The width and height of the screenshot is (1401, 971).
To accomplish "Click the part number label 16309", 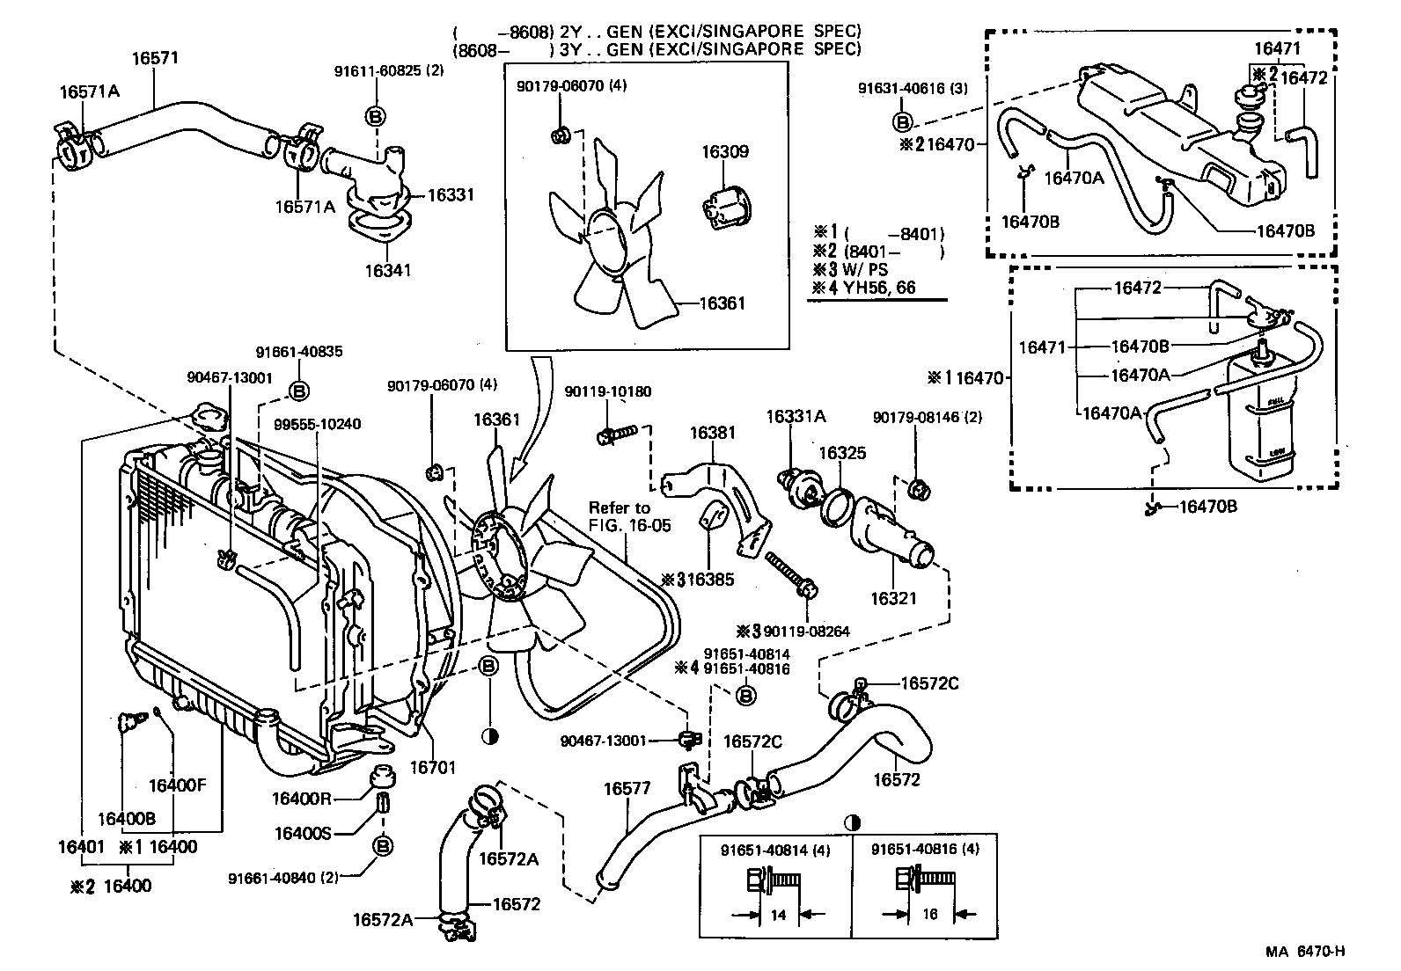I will tap(724, 151).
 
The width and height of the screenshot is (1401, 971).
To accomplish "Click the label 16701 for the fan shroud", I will tap(433, 767).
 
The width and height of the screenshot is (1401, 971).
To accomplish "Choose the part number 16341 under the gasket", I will tap(388, 270).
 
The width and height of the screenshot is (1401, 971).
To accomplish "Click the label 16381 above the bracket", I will tap(712, 433).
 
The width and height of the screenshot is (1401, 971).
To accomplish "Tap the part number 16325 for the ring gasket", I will tap(842, 453).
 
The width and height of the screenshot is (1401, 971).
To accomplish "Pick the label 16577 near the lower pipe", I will tap(626, 789).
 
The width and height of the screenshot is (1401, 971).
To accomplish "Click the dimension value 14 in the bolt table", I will tap(778, 915).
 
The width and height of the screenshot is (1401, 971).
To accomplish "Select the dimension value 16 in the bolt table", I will tap(930, 915).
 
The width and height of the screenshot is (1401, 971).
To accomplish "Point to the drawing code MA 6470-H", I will tap(1306, 951).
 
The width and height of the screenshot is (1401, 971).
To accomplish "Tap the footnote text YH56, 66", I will tap(880, 287).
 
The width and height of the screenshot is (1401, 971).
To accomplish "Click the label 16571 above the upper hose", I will tap(155, 59).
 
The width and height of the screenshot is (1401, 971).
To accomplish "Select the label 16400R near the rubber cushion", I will tap(302, 798).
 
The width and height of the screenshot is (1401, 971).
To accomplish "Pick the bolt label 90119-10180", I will tap(608, 391).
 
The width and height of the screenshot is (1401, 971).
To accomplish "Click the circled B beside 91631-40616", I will tap(904, 121).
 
